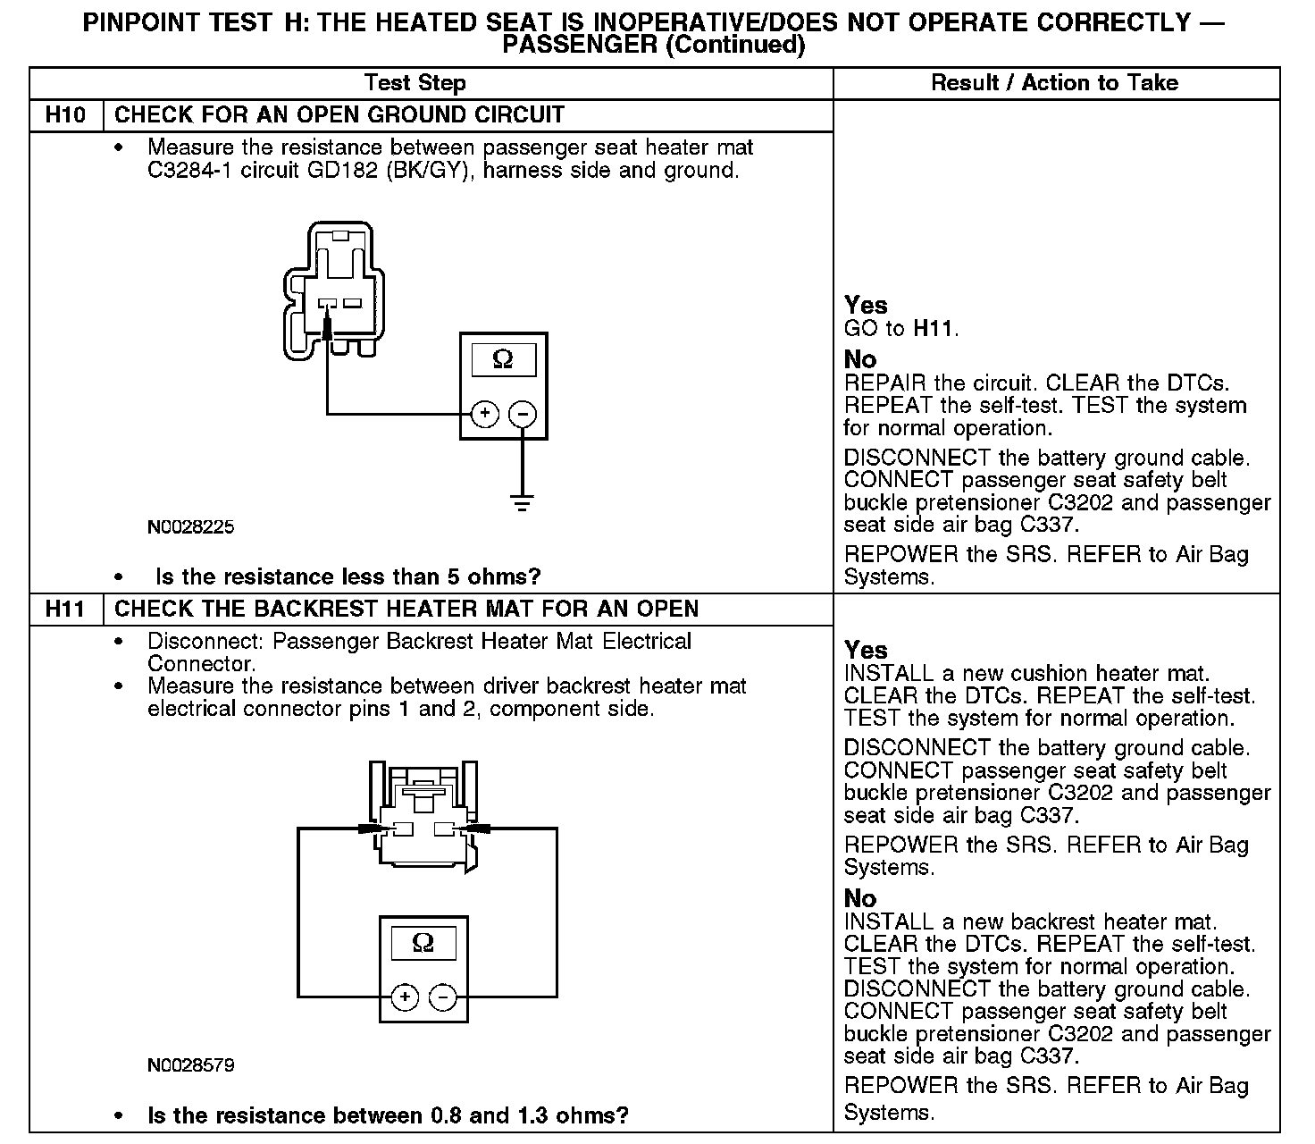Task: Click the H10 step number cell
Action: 66,115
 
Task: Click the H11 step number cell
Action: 66,610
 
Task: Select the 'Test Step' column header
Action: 415,83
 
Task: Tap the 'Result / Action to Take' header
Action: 1054,83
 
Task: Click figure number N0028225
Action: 190,527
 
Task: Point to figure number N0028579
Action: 190,1065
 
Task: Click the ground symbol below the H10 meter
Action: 523,502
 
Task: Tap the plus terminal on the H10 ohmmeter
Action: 484,414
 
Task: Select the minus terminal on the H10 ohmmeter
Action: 523,414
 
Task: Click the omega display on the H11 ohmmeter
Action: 423,943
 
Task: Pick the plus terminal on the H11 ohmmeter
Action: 405,997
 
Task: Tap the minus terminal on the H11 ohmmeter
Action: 444,997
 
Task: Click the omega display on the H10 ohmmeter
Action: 503,359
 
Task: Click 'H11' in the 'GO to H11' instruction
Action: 934,329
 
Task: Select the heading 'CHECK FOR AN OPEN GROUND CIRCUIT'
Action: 339,115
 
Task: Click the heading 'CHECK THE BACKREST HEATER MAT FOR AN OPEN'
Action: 406,610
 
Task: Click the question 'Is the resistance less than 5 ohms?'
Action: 348,576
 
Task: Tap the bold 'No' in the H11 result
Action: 860,898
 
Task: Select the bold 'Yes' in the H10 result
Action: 866,306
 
